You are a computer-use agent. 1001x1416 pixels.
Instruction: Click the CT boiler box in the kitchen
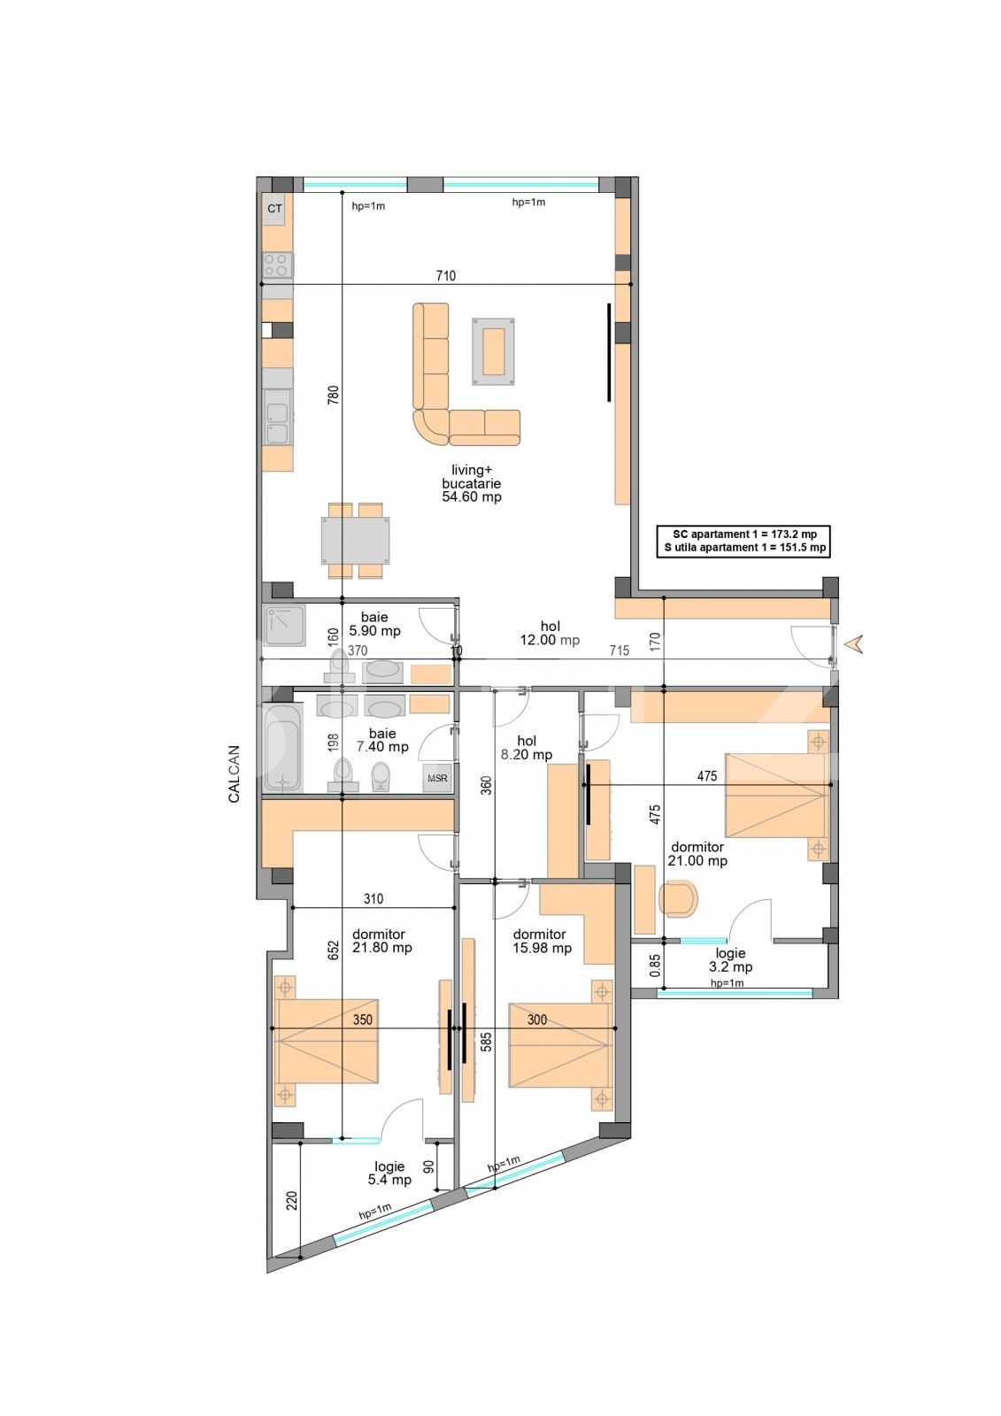click(275, 209)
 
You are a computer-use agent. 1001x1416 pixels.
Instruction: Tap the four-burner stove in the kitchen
click(278, 265)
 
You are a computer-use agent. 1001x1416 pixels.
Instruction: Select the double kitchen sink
click(278, 422)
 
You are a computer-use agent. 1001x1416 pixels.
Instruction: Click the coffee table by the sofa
click(494, 351)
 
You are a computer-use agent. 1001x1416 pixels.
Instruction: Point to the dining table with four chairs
click(355, 540)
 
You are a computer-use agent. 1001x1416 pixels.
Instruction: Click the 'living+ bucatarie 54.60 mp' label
click(472, 483)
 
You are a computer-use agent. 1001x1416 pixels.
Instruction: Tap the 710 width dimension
click(445, 276)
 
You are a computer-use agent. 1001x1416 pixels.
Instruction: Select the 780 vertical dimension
click(334, 395)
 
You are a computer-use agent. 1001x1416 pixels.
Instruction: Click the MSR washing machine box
click(437, 779)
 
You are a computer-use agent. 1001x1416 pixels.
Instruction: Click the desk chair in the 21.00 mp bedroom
click(680, 898)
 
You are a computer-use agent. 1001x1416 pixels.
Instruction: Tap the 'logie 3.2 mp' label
click(730, 960)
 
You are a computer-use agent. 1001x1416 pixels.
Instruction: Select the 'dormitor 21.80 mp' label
click(382, 941)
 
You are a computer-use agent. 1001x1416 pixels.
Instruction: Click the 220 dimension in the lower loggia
click(291, 1200)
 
